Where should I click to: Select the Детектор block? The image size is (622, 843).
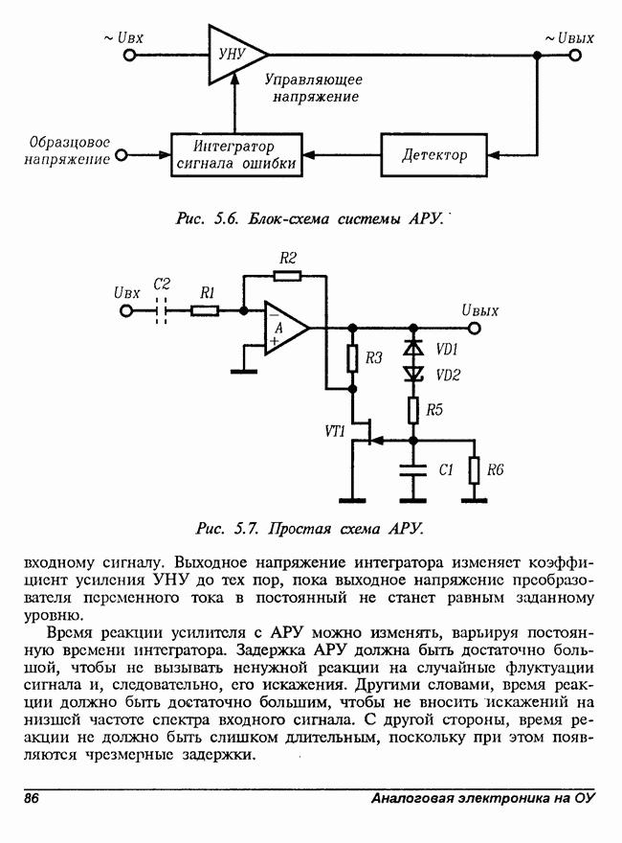[434, 154]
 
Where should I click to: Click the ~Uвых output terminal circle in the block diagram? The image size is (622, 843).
[575, 56]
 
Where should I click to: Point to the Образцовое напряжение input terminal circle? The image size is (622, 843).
[121, 152]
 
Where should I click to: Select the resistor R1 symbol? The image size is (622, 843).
[204, 310]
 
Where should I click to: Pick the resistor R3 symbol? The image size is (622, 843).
[351, 358]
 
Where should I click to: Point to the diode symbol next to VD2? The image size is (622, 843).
[414, 374]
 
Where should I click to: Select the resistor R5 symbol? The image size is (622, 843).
[414, 410]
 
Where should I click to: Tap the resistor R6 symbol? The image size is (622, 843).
[474, 469]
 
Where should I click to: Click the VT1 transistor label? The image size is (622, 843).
[335, 431]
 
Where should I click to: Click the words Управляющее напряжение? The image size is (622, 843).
[313, 88]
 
